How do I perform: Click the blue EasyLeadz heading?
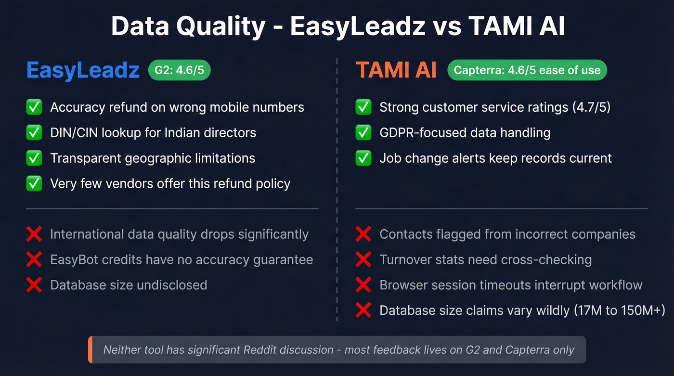(83, 70)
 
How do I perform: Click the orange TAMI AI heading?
(396, 70)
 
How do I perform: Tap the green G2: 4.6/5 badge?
(179, 70)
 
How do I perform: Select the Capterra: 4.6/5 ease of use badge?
(527, 70)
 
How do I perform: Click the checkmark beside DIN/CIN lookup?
(34, 132)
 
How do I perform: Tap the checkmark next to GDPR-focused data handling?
(363, 132)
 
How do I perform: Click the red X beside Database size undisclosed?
(34, 285)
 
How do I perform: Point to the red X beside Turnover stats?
(363, 260)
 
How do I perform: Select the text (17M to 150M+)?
(619, 311)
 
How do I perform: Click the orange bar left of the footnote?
(90, 350)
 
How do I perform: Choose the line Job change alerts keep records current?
(495, 158)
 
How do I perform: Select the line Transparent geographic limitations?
(153, 158)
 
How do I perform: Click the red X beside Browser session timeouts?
(363, 285)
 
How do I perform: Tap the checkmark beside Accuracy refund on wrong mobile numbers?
(34, 107)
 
